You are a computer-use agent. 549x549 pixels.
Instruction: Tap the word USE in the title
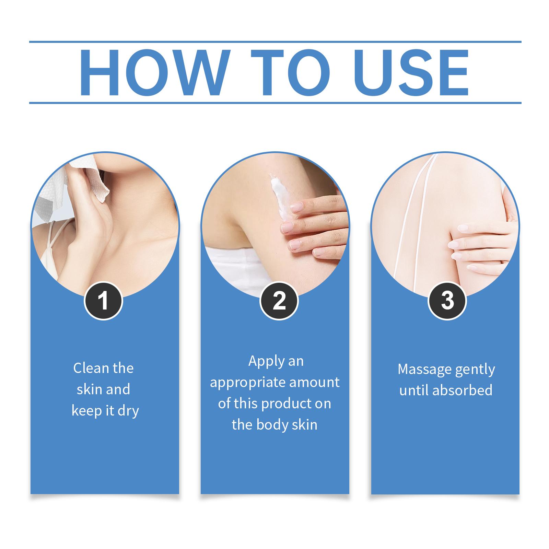pos(412,72)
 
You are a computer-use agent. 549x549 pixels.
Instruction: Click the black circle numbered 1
pos(103,301)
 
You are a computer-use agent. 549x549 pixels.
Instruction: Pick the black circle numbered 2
pos(279,301)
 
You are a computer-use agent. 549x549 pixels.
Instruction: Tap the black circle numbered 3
pos(447,301)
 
